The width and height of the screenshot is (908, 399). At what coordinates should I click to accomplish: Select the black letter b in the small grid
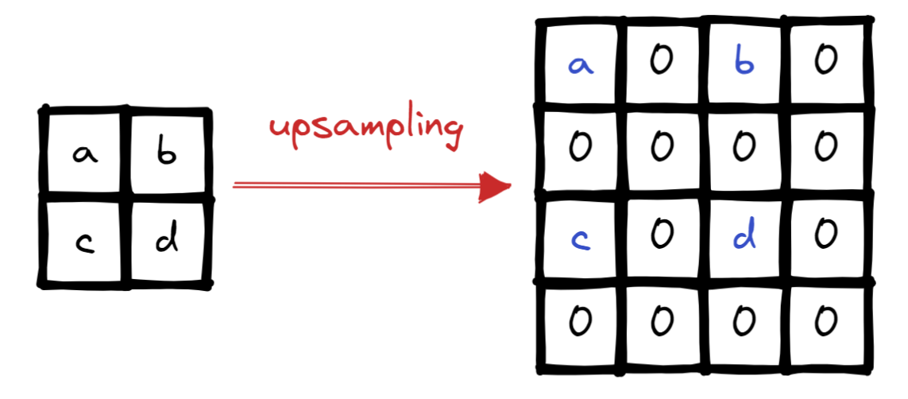pos(165,153)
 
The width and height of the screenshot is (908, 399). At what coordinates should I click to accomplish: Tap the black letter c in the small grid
pos(83,242)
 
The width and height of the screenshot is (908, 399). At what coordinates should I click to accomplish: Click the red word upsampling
pos(365,130)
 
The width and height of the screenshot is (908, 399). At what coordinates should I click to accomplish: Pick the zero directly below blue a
pos(580,146)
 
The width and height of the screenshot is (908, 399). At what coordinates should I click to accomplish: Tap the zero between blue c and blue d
pos(662,234)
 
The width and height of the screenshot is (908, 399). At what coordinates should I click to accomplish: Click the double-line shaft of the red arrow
pos(357,186)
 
